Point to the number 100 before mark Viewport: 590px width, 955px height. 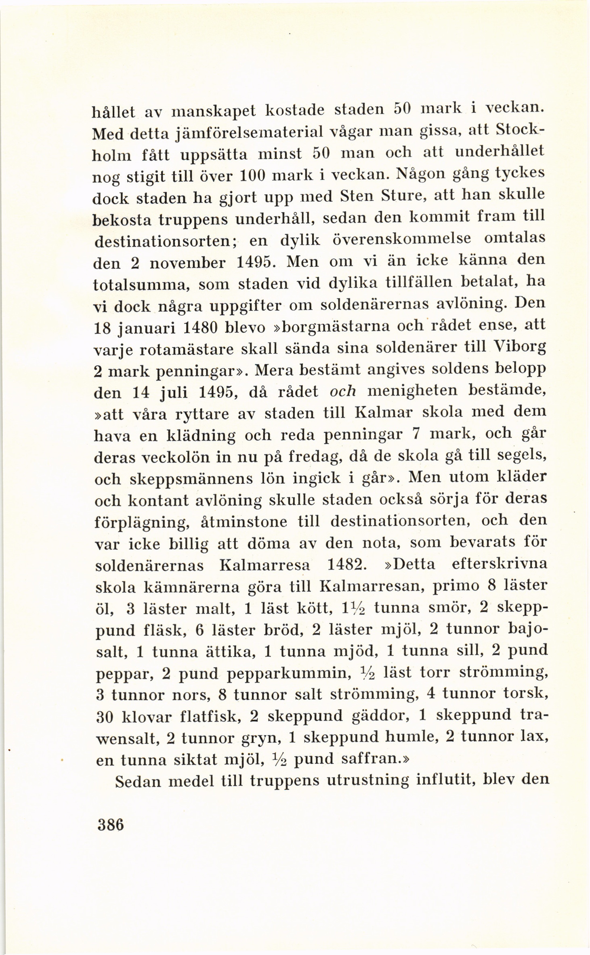254,177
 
